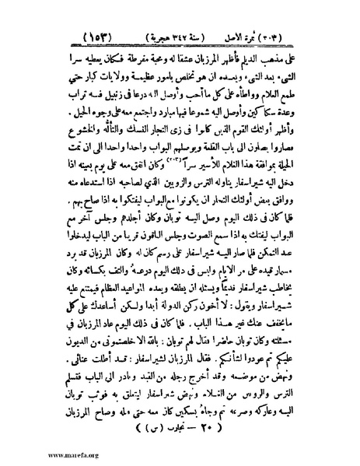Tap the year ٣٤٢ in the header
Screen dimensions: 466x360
[185, 37]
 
